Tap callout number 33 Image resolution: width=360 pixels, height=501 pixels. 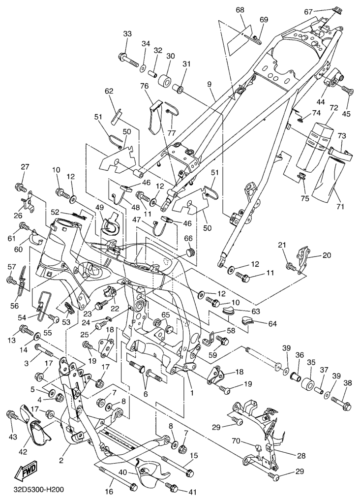tap(127, 33)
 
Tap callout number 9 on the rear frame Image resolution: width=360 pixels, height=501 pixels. tap(210, 84)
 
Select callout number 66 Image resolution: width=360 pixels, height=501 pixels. tap(188, 239)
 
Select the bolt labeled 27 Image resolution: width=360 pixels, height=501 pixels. tap(20, 187)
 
